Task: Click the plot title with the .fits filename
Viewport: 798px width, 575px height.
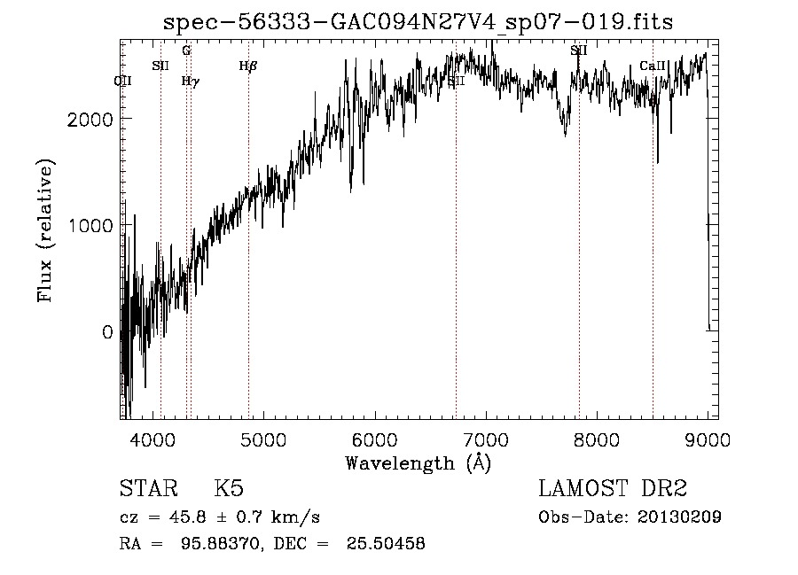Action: tap(419, 22)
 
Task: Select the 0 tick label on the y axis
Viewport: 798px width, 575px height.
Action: tap(106, 332)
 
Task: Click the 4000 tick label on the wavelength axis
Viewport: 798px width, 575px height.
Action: tap(153, 439)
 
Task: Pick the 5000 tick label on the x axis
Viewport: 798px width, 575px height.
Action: tap(263, 439)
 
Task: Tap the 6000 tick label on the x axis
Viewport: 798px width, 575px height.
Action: tap(375, 439)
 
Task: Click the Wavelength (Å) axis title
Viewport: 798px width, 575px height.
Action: tap(418, 462)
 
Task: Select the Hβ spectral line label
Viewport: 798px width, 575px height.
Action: tap(248, 66)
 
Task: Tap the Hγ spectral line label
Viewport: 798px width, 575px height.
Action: tap(190, 81)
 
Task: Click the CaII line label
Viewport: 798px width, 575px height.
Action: tap(653, 66)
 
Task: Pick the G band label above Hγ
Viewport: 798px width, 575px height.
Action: tap(186, 51)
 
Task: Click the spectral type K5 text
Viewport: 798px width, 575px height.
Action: tap(229, 489)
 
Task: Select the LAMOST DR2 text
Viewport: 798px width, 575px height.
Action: tap(613, 489)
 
